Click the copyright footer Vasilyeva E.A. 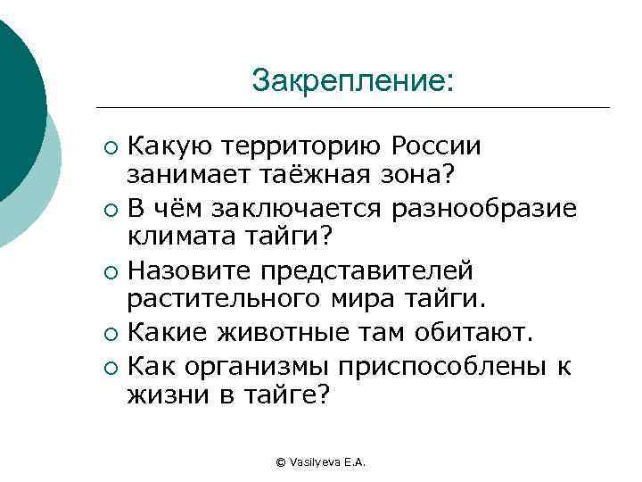(322, 461)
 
